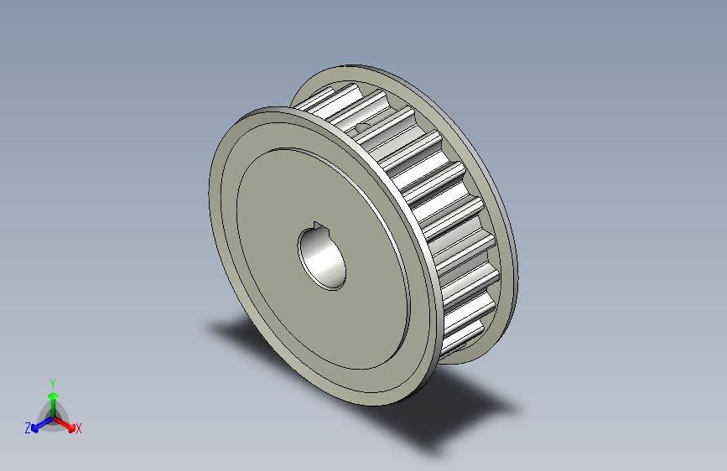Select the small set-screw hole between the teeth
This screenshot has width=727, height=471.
pos(362,127)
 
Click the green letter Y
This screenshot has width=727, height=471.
pos(52,381)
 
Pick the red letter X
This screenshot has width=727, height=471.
pos(79,429)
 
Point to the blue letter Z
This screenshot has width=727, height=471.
pos(28,428)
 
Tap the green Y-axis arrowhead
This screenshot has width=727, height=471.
pos(52,395)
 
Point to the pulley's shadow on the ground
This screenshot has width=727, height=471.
pos(453,411)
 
